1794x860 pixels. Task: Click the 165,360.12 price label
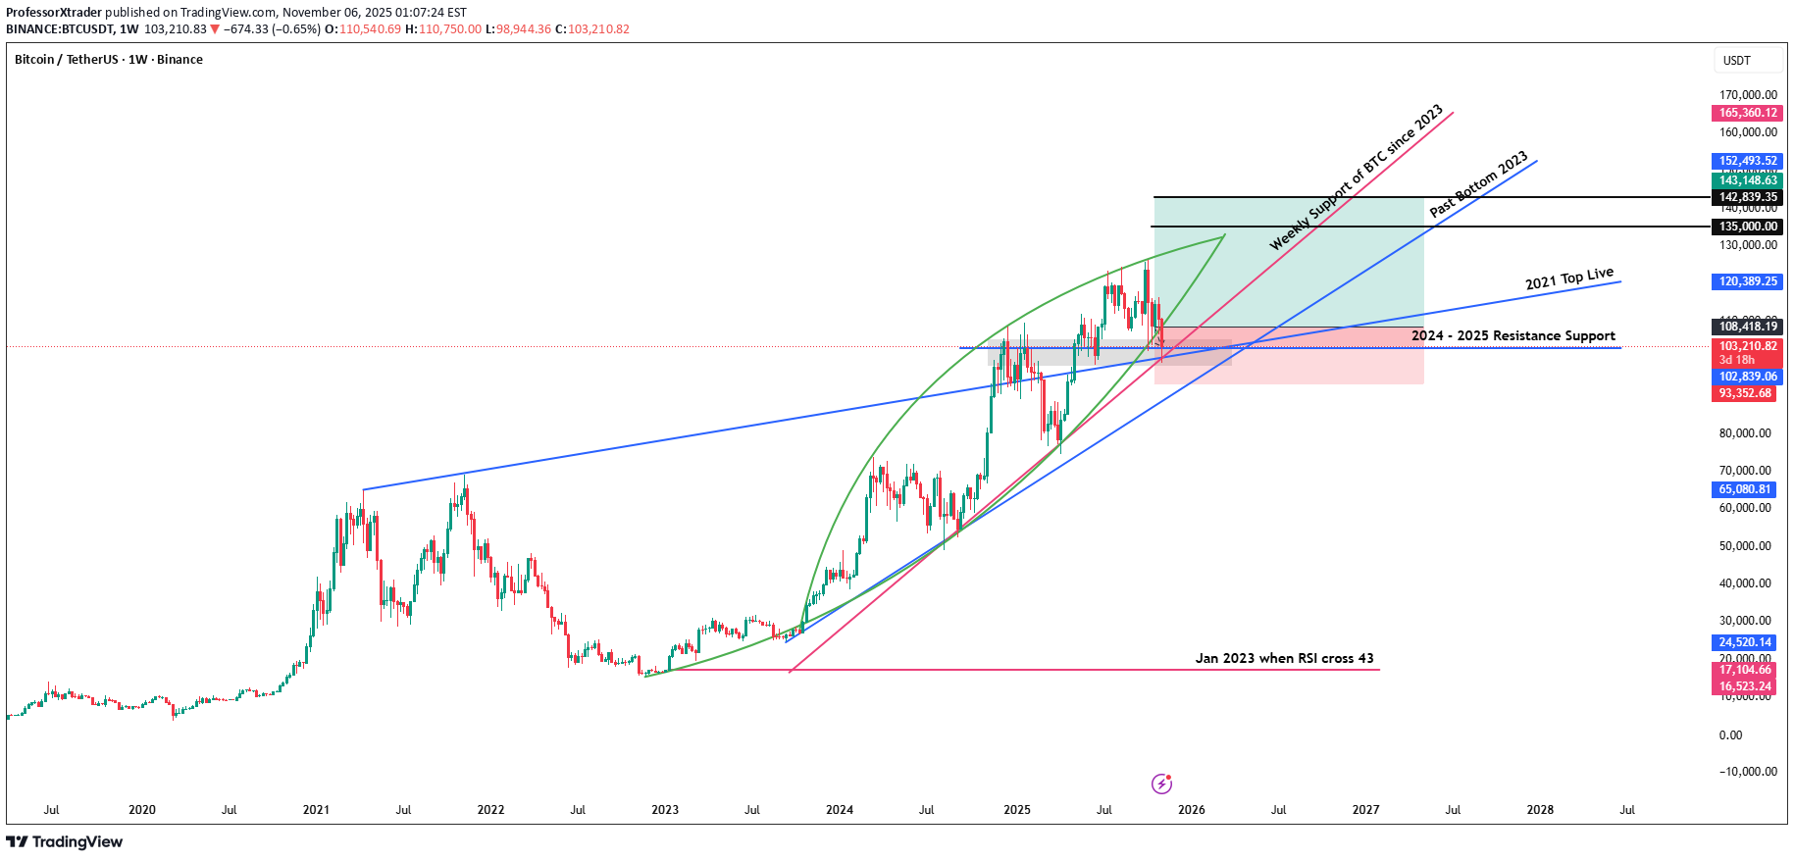point(1747,113)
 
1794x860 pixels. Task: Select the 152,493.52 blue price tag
point(1747,161)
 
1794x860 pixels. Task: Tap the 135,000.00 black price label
point(1747,227)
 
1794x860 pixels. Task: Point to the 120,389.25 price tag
point(1747,281)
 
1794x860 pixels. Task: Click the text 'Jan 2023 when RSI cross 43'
point(1284,658)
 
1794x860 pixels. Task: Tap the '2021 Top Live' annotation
point(1568,279)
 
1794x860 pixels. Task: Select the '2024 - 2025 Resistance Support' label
point(1512,335)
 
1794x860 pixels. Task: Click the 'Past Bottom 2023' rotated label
point(1478,184)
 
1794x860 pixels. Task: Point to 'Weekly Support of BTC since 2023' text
point(1356,177)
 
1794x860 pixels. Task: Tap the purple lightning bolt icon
point(1161,784)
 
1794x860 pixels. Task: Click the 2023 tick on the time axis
point(665,810)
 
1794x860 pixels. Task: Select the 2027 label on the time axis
point(1365,810)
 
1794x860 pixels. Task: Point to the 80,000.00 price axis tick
point(1745,433)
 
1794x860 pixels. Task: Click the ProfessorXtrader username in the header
point(54,13)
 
